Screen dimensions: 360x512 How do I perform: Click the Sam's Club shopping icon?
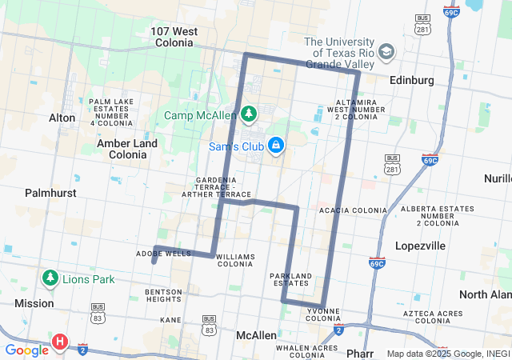276,146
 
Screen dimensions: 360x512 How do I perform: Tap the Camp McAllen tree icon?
249,114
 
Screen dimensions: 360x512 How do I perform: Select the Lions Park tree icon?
50,278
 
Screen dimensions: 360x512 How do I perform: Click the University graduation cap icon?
386,52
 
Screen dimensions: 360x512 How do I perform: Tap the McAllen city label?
256,335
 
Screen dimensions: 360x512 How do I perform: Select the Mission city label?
34,304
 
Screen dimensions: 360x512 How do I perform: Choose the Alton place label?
62,118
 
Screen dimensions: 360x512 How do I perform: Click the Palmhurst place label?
50,193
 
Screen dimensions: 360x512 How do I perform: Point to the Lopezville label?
420,246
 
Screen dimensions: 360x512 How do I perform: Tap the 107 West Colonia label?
174,37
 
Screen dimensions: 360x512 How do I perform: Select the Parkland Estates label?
290,279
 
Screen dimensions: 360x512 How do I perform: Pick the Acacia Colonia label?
353,210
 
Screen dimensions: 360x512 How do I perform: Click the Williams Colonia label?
234,260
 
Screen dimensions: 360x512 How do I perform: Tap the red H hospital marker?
59,342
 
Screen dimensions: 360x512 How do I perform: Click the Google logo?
26,350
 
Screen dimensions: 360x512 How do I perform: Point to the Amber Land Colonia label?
127,148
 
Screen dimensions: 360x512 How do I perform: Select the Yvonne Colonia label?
323,314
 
